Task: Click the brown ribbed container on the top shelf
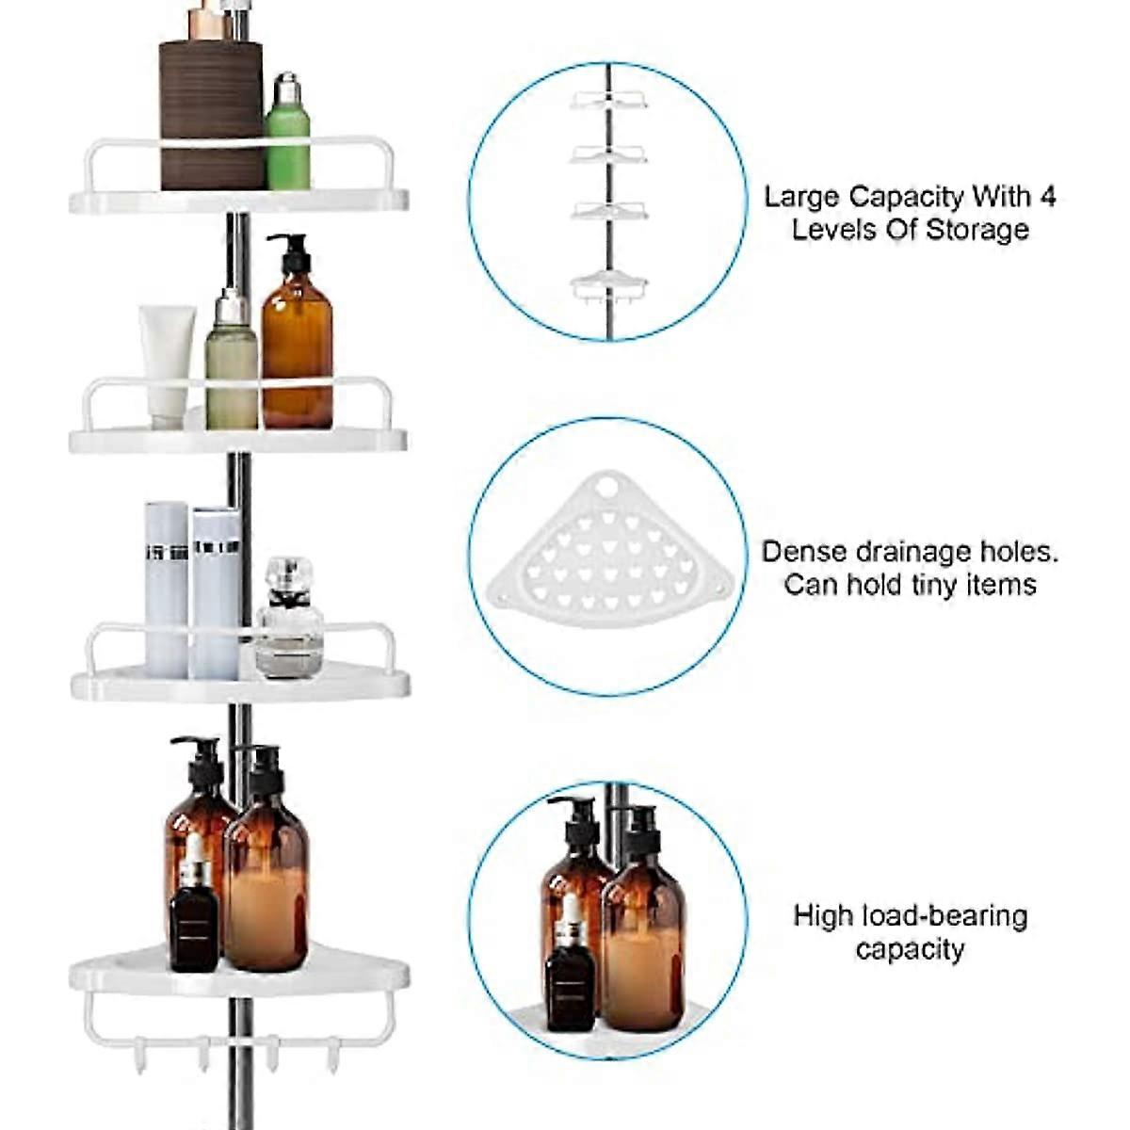pyautogui.click(x=211, y=113)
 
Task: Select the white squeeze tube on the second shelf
pyautogui.click(x=168, y=363)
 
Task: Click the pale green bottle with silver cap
pyautogui.click(x=232, y=367)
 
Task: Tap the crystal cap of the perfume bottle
pyautogui.click(x=288, y=577)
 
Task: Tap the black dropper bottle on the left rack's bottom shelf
pyautogui.click(x=194, y=918)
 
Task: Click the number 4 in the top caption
pyautogui.click(x=1047, y=197)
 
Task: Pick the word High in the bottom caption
pyautogui.click(x=825, y=915)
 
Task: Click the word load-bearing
pyautogui.click(x=946, y=915)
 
